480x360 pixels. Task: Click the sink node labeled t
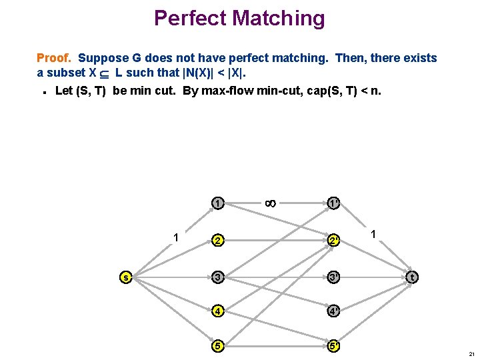coord(413,277)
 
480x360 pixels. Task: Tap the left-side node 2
coord(217,240)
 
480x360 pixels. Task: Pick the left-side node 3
coord(217,277)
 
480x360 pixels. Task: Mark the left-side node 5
coord(217,345)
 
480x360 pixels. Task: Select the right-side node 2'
coord(333,240)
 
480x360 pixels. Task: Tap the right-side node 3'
coord(333,277)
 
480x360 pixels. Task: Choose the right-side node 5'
coord(333,345)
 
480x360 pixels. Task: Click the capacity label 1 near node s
coord(175,236)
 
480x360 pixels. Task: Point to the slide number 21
coord(471,353)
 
